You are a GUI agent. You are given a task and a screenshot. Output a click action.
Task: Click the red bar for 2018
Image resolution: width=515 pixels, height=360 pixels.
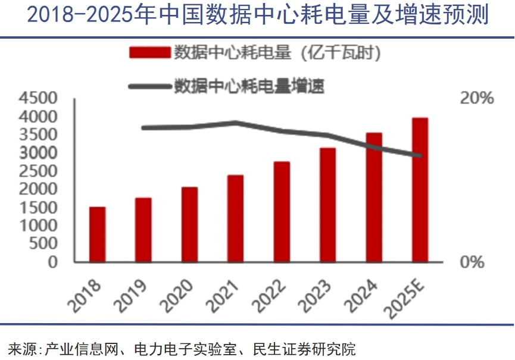tap(97, 234)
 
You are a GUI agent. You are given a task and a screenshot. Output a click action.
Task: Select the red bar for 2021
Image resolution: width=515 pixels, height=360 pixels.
tap(235, 218)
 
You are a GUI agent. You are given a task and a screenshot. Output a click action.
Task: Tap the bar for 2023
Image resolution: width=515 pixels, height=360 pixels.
tap(327, 205)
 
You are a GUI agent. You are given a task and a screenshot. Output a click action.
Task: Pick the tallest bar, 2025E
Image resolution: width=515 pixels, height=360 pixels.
tap(420, 190)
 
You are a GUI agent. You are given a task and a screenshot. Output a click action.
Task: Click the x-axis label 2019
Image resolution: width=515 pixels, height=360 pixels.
tap(133, 292)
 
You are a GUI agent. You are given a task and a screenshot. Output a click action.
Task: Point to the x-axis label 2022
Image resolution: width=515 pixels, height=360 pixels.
tap(271, 292)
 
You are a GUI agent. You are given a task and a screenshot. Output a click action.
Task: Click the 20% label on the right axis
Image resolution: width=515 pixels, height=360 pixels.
tap(477, 98)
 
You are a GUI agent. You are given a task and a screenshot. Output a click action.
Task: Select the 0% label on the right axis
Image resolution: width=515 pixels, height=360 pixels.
tap(473, 262)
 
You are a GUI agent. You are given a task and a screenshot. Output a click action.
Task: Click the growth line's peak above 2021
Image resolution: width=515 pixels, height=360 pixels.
tap(236, 123)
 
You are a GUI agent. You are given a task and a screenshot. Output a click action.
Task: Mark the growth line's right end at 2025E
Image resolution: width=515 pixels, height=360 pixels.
tap(420, 156)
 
